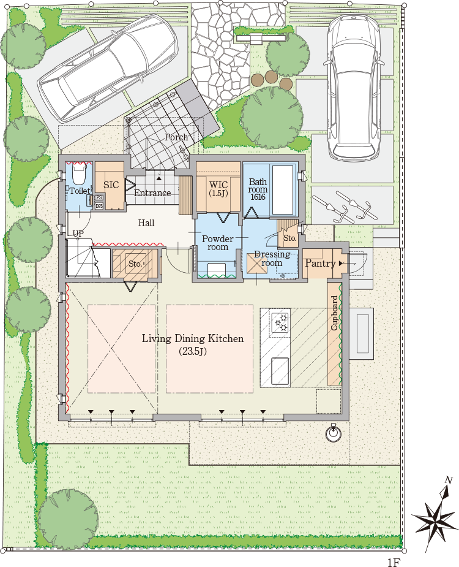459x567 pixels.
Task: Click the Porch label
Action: pos(176,137)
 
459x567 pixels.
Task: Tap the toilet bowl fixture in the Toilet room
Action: pos(78,176)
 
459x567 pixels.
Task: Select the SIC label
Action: pos(111,185)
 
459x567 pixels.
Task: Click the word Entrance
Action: pos(152,193)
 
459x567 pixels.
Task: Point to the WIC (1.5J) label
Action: pos(218,189)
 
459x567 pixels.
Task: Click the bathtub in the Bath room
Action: pos(283,190)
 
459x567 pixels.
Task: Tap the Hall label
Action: pos(146,223)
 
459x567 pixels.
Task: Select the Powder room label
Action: pos(217,243)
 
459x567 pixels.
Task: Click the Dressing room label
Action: pos(272,259)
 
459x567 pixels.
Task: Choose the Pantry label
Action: pos(320,263)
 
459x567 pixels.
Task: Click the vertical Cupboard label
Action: pos(334,313)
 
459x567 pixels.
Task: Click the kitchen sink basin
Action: pos(280,371)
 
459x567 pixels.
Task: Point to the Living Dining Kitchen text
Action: pos(193,339)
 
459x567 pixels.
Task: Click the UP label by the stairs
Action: pos(78,234)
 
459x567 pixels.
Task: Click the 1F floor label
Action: pos(394,562)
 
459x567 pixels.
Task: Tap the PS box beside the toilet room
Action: pos(99,198)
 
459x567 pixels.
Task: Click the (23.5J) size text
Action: pos(193,351)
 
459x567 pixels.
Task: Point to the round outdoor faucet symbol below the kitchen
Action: pos(333,433)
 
